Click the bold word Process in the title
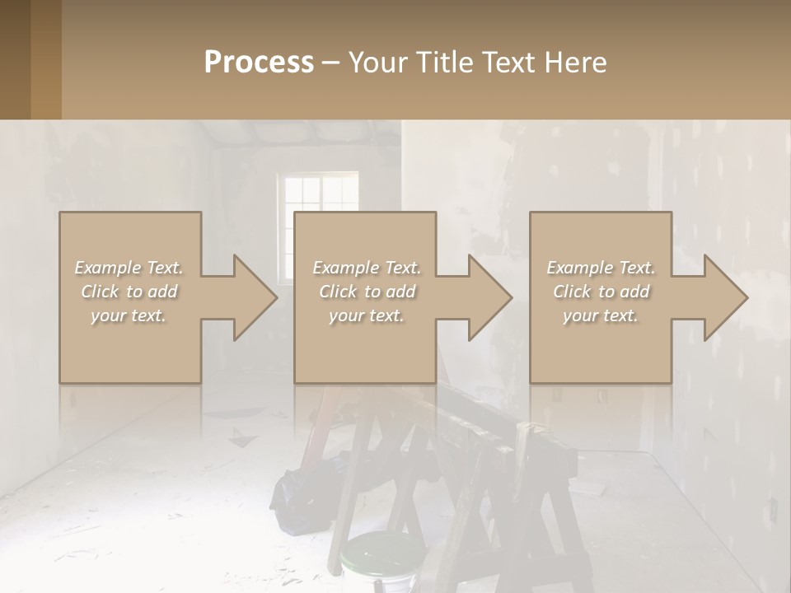point(259,63)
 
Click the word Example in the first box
point(108,268)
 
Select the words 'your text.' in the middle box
point(366,315)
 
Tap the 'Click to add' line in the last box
point(601,292)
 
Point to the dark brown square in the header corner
point(15,59)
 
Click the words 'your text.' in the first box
point(129,315)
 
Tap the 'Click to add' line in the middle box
point(367,292)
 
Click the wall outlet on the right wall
point(774,510)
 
